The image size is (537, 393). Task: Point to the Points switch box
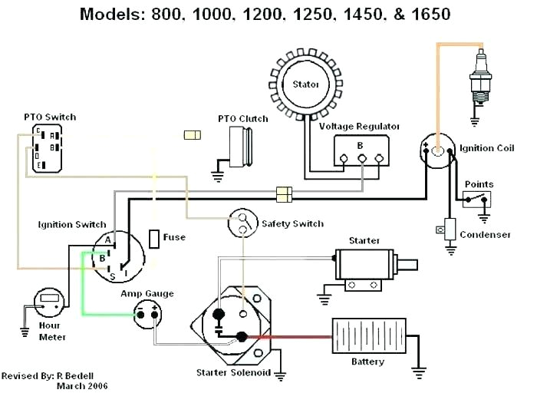point(477,200)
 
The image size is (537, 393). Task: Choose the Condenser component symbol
point(450,229)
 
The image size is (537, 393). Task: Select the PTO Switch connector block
point(49,147)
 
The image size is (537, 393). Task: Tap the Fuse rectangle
point(156,238)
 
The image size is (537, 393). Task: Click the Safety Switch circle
point(243,223)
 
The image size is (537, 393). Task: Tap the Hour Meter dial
point(50,300)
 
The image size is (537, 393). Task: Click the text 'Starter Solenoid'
point(232,373)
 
